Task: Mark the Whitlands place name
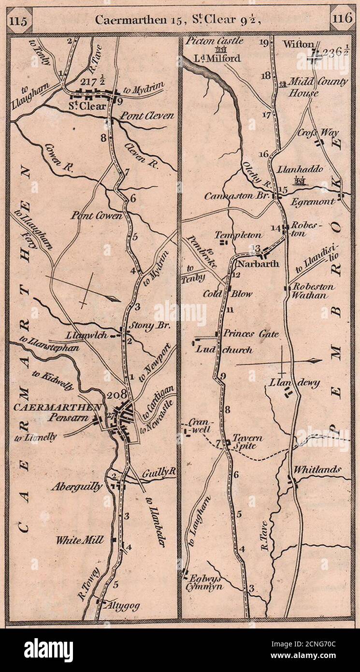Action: tap(317, 469)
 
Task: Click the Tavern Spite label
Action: tap(247, 442)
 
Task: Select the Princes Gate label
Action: tap(251, 334)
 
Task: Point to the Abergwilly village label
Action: tap(77, 487)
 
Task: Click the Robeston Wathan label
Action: tap(313, 291)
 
